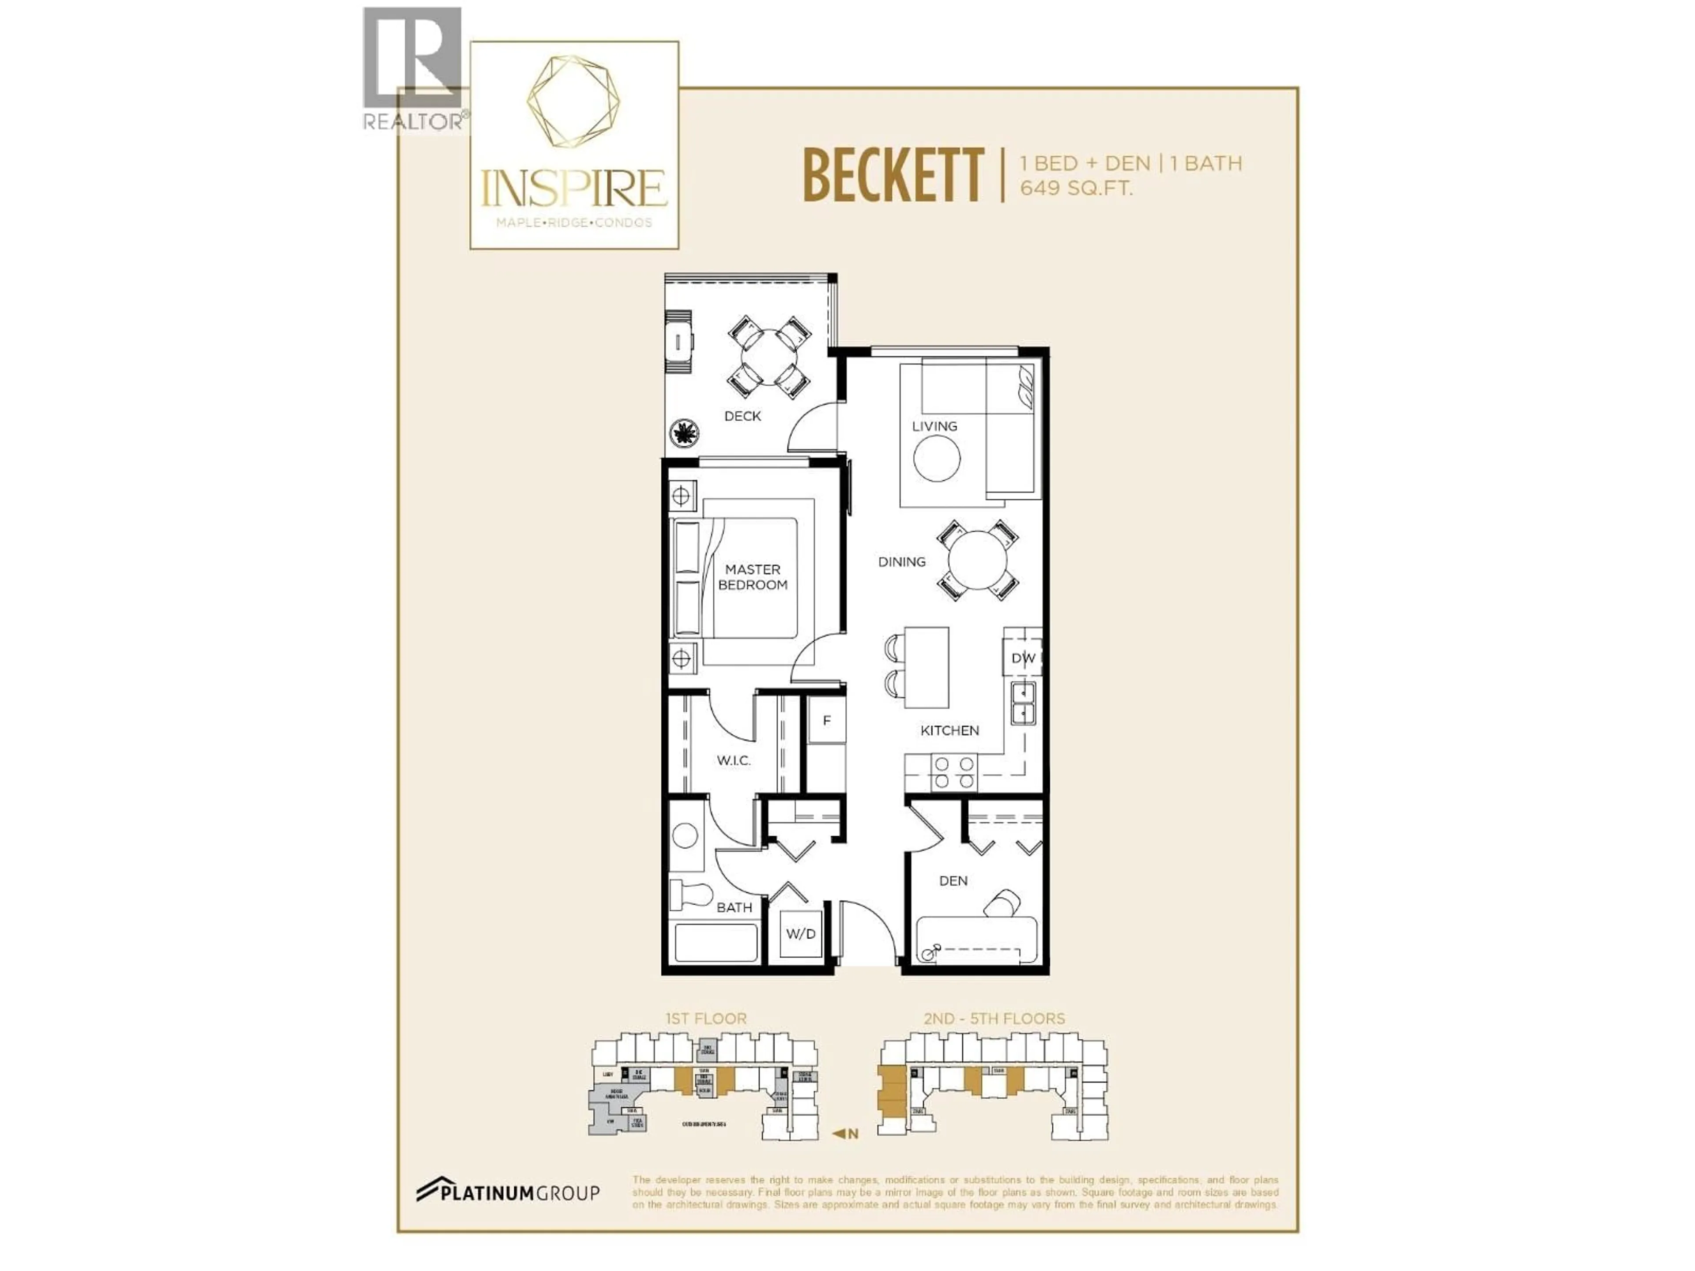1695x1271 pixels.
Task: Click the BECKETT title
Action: click(x=893, y=176)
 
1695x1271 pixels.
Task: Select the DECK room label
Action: click(x=742, y=416)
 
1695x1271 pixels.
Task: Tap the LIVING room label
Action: click(x=934, y=426)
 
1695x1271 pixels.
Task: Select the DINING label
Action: click(x=902, y=561)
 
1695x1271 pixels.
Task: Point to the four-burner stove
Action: click(x=954, y=772)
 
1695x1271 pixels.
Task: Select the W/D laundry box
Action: click(x=801, y=934)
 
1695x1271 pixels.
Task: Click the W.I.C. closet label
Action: click(x=733, y=761)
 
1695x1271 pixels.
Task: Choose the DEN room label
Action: click(x=953, y=881)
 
